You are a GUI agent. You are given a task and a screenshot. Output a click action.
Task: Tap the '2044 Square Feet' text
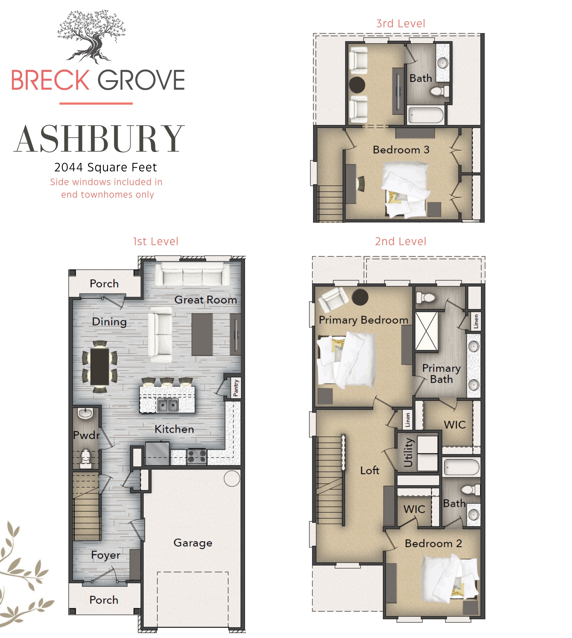click(x=106, y=167)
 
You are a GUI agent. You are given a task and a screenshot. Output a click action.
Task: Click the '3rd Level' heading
click(x=401, y=23)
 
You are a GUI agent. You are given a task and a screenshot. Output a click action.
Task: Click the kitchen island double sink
click(x=167, y=405)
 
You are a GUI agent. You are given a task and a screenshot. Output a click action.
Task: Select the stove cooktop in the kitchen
click(x=197, y=457)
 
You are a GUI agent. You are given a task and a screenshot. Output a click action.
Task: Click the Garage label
click(x=193, y=543)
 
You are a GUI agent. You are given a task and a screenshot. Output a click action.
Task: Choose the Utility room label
click(x=408, y=452)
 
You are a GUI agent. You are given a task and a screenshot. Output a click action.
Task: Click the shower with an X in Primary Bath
click(x=426, y=331)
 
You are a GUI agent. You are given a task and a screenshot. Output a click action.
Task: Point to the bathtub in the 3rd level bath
click(x=426, y=115)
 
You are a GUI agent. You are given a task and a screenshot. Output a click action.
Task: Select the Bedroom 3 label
click(x=401, y=150)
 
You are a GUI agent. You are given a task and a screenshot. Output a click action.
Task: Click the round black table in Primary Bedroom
click(x=360, y=297)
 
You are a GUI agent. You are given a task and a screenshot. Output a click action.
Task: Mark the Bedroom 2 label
click(x=433, y=543)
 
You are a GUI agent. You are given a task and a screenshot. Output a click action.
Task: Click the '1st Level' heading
click(x=156, y=241)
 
